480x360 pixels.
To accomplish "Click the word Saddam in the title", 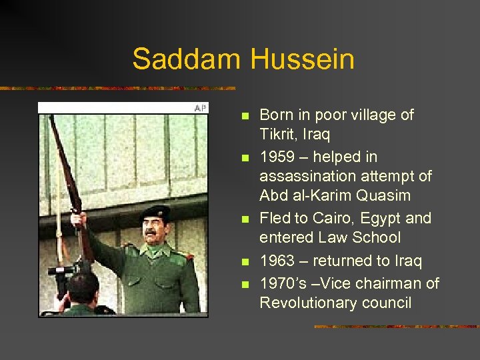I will pos(187,59).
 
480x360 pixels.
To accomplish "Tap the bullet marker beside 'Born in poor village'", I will pos(243,117).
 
